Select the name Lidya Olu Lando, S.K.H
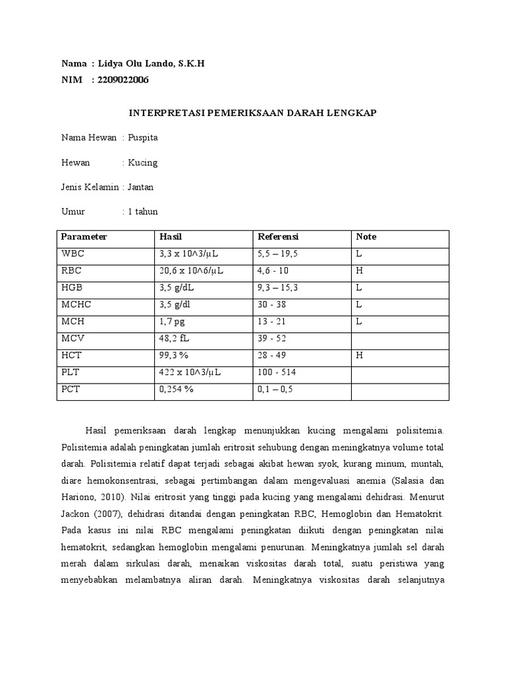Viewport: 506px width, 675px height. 152,63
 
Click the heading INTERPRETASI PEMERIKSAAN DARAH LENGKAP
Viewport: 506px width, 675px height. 252,113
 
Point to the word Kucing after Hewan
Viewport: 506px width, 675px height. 143,162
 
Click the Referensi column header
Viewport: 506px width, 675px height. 278,237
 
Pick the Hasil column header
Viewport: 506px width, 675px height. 170,237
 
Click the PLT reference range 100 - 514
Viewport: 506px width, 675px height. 277,372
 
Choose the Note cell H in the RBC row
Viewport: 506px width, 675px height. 360,271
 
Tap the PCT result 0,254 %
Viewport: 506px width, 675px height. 176,390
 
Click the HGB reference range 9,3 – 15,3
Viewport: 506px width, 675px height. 280,288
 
